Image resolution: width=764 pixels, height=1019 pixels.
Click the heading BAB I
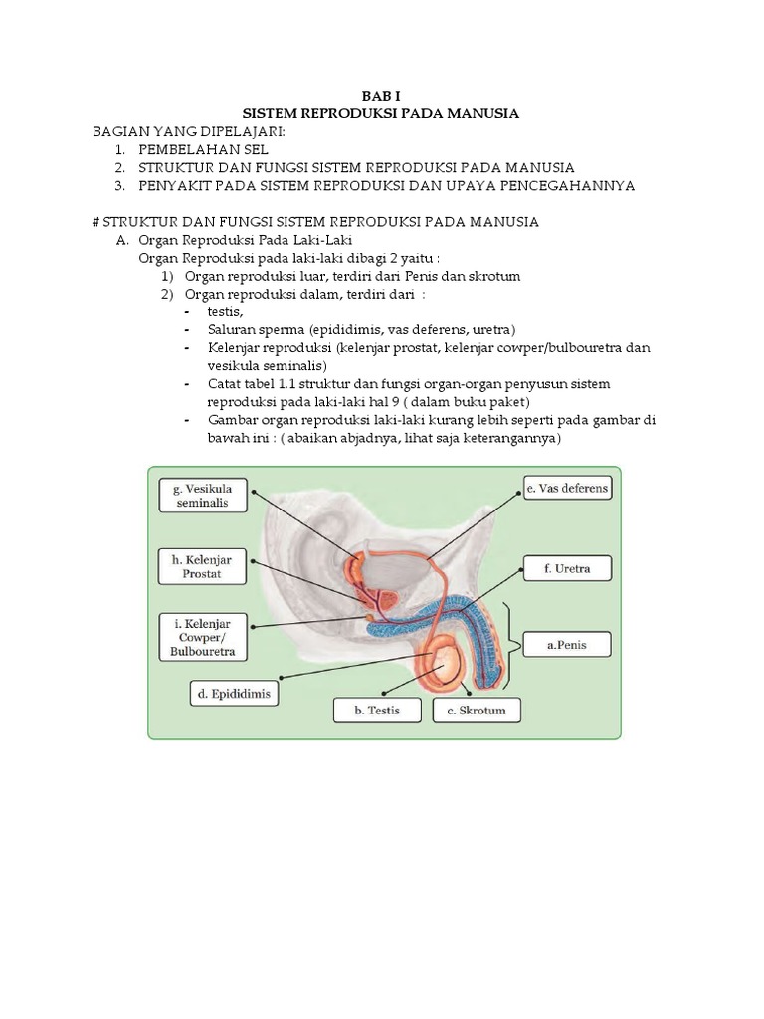(x=383, y=96)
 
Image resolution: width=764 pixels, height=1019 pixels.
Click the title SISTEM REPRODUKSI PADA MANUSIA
(x=383, y=113)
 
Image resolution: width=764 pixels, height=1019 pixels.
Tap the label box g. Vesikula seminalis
(x=202, y=495)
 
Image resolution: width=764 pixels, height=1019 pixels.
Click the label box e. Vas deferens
(x=567, y=489)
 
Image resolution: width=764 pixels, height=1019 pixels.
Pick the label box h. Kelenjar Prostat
(x=202, y=567)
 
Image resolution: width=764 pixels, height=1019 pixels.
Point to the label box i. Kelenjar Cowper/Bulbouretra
(x=202, y=637)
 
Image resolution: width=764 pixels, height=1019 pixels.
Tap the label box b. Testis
(x=377, y=710)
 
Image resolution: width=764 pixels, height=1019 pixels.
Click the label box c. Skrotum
(x=477, y=710)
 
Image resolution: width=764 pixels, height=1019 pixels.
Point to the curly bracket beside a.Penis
(x=514, y=644)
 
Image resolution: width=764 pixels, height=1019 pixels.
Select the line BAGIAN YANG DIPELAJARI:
(x=189, y=131)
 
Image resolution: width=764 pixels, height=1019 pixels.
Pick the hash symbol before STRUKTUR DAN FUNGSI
(x=96, y=221)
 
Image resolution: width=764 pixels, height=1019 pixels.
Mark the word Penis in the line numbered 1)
(x=410, y=276)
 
